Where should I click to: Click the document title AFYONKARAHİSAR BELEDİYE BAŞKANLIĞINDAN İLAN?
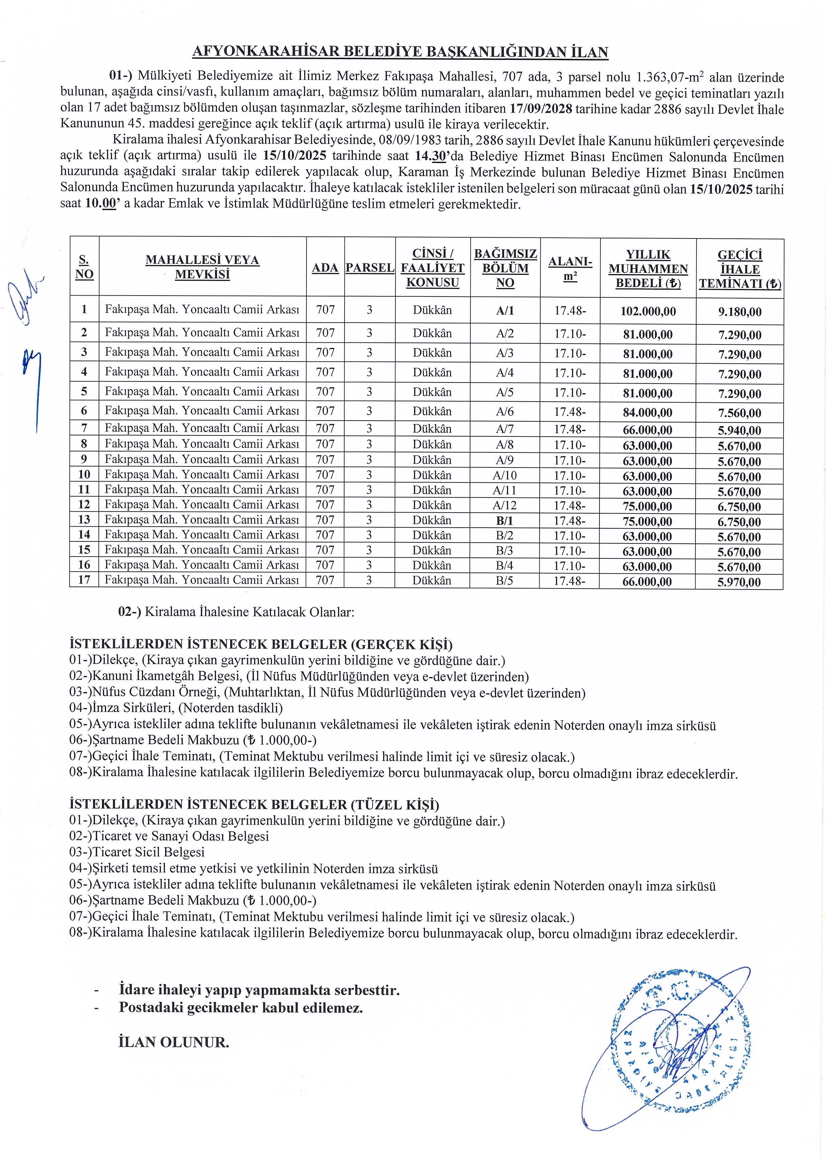coord(400,52)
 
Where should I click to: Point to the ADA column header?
coord(325,268)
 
